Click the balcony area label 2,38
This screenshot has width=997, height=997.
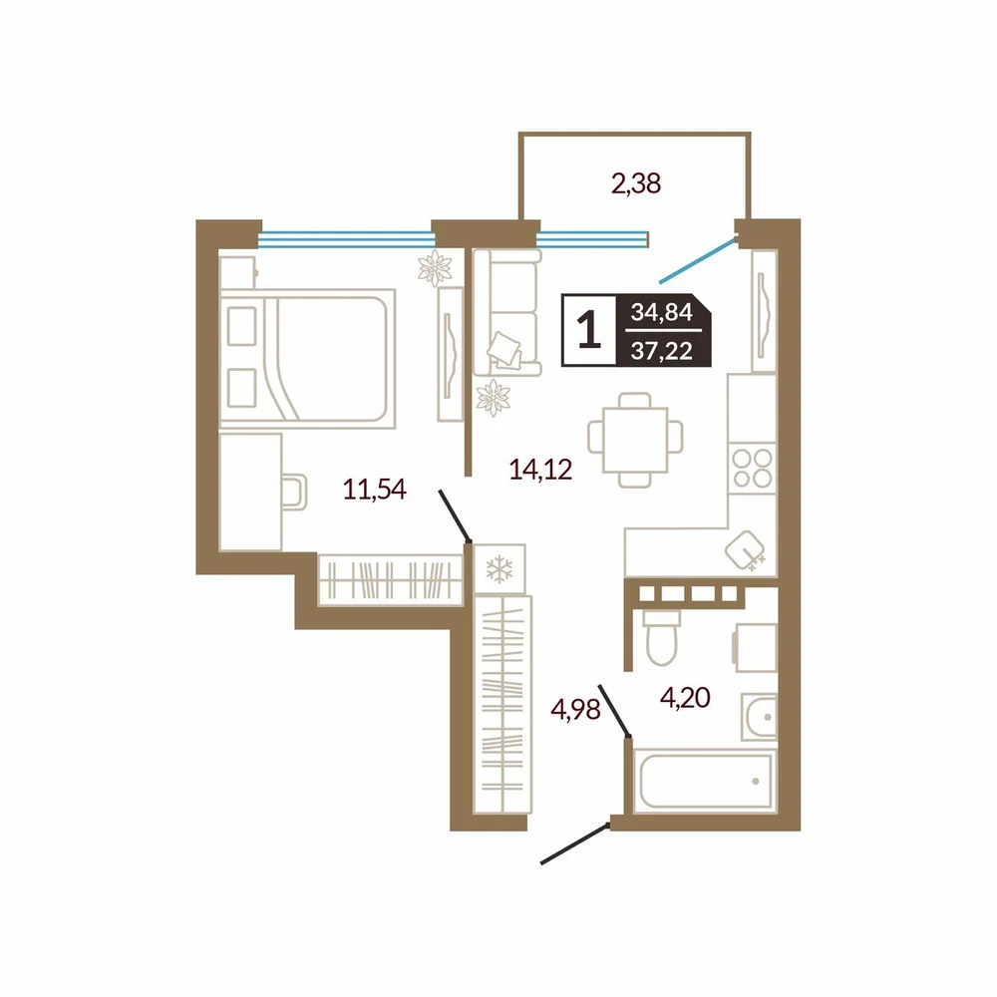pos(636,183)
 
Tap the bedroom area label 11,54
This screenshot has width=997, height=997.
pos(375,490)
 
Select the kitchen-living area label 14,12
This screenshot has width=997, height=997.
pos(541,470)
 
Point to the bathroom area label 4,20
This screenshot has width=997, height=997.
pos(685,698)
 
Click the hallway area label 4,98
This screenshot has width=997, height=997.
pos(575,710)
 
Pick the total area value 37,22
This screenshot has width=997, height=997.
pos(662,350)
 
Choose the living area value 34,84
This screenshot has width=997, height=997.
pos(662,312)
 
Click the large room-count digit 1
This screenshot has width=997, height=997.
pos(589,331)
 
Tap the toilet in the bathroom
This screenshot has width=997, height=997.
pos(661,637)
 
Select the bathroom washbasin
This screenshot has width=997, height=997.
pos(759,717)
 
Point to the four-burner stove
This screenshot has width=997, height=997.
pos(752,468)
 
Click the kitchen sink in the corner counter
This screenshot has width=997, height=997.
pos(745,550)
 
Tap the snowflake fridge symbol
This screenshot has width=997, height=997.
pos(499,568)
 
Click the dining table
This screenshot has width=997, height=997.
pos(635,440)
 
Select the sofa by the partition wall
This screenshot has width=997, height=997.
pos(506,312)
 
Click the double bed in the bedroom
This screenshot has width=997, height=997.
pos(307,359)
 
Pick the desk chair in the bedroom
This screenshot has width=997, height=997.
pos(294,493)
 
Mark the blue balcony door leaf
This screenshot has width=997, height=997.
pos(698,260)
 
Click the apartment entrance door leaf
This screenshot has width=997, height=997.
pos(575,843)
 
